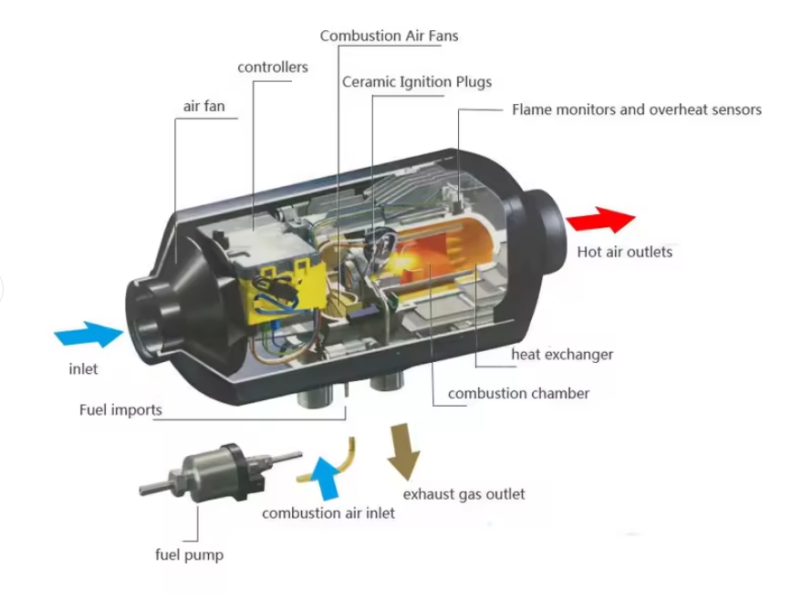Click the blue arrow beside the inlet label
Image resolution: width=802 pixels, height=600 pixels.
[x=89, y=334]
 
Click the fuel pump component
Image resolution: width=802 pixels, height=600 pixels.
[x=218, y=470]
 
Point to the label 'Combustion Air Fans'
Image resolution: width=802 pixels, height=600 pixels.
[x=389, y=36]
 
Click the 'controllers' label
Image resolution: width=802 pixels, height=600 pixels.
[x=273, y=67]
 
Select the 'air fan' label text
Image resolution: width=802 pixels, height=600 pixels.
[x=203, y=107]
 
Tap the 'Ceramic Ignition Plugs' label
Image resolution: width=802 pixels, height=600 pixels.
[x=417, y=82]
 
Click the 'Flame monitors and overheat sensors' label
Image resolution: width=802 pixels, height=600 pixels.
[x=637, y=109]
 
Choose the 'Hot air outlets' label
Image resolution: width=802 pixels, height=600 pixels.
[x=624, y=252]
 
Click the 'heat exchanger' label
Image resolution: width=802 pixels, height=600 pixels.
[x=562, y=354]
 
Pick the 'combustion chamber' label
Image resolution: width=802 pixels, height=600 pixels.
[x=518, y=394]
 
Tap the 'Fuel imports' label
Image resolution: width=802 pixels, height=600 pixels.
[x=120, y=410]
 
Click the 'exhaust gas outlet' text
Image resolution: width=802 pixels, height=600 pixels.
[x=464, y=494]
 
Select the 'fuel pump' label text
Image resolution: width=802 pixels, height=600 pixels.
[x=189, y=554]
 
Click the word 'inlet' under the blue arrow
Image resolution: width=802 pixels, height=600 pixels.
[x=83, y=369]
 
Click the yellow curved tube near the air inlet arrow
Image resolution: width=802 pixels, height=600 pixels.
[x=343, y=454]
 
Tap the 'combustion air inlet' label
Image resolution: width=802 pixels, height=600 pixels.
[x=328, y=513]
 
